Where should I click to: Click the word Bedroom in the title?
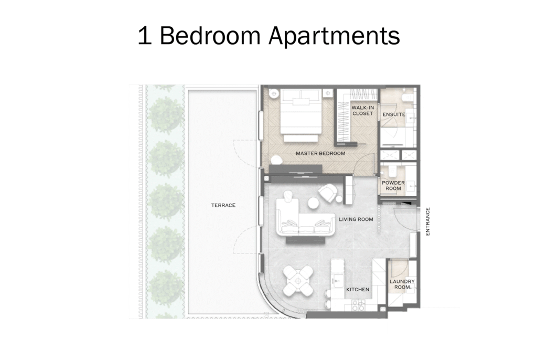tap(210, 35)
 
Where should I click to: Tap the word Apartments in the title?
tap(334, 36)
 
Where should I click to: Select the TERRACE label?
tap(223, 205)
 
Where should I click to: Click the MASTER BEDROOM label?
tap(320, 154)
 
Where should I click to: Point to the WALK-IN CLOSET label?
tap(363, 110)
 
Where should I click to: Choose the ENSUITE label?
tap(394, 114)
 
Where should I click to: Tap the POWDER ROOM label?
tap(393, 185)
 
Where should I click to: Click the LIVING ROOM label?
tap(356, 219)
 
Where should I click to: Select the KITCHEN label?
tap(358, 290)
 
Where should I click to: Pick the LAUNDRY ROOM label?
tap(402, 284)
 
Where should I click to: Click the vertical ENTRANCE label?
tap(427, 221)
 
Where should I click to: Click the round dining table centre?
tap(298, 280)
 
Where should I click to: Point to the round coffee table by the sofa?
tap(314, 203)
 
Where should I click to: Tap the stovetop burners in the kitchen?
tap(358, 305)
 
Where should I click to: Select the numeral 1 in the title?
tap(145, 35)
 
